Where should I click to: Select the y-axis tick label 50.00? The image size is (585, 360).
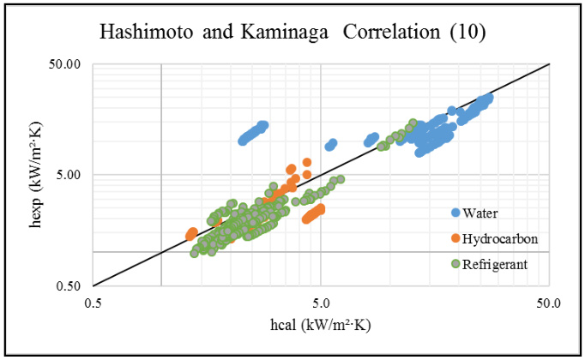pyautogui.click(x=66, y=64)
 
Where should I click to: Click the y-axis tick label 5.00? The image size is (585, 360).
pyautogui.click(x=69, y=175)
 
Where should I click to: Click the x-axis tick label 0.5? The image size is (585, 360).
pyautogui.click(x=93, y=303)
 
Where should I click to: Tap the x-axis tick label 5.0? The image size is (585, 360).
pyautogui.click(x=321, y=303)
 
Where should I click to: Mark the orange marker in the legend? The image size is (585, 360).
pyautogui.click(x=455, y=238)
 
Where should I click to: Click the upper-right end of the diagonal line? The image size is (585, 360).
pyautogui.click(x=548, y=64)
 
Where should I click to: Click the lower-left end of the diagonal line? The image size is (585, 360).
pyautogui.click(x=93, y=285)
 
